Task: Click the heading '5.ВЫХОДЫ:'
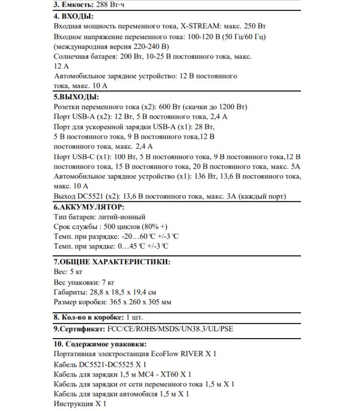76,97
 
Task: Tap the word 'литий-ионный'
124,217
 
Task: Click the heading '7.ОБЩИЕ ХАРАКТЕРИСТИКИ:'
112,261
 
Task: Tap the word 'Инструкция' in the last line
73,404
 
